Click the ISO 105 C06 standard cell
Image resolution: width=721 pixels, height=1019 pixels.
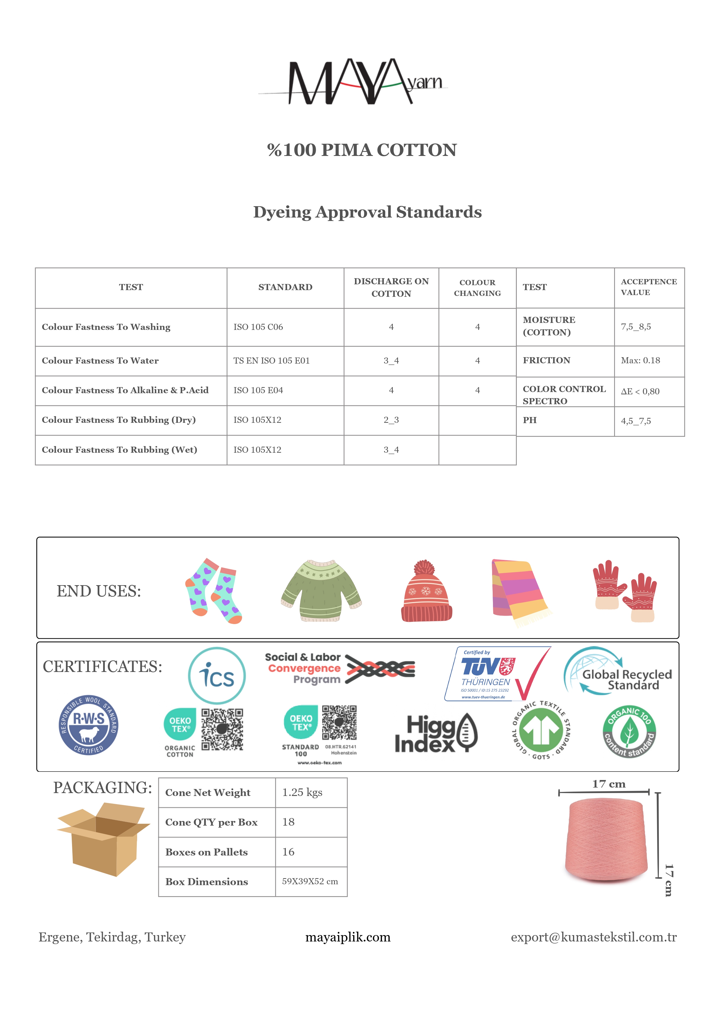tap(258, 327)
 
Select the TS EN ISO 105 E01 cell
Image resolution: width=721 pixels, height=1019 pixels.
tap(271, 361)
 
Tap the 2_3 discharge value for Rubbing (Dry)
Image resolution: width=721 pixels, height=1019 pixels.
tap(391, 420)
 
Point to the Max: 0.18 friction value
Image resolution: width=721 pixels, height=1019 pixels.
tap(640, 360)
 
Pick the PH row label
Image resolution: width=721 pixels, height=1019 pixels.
tap(530, 420)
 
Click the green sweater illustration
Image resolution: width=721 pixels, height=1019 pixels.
tap(322, 590)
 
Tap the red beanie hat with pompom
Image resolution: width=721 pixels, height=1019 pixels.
tap(426, 591)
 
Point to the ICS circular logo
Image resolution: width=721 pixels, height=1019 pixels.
tap(217, 675)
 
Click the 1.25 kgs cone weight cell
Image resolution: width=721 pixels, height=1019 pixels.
tap(302, 793)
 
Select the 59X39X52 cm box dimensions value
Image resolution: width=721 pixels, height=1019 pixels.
tap(310, 881)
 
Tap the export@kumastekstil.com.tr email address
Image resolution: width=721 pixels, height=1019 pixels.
tap(593, 937)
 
